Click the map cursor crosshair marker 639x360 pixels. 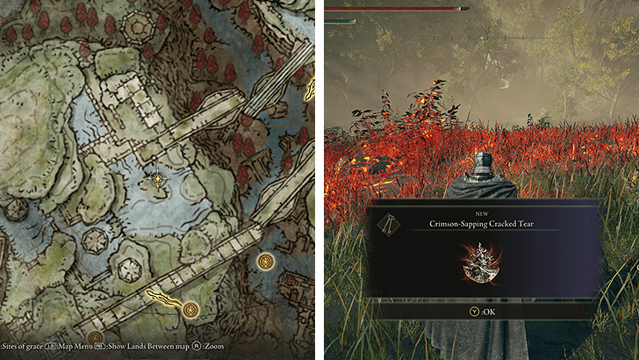(158, 179)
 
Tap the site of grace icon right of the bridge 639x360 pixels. (265, 261)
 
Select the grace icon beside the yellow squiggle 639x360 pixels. (190, 308)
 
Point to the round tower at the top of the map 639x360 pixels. (139, 27)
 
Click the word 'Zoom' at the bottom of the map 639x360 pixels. (214, 347)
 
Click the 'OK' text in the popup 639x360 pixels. (488, 309)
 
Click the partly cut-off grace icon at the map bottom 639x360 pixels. (95, 336)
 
